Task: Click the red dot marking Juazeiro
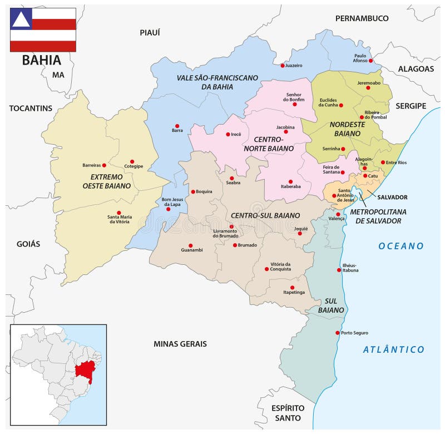click(x=283, y=66)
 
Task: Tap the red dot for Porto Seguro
click(x=338, y=333)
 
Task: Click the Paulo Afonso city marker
click(x=371, y=60)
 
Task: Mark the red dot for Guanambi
click(x=190, y=245)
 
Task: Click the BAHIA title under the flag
click(x=42, y=60)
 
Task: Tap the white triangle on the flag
click(x=21, y=19)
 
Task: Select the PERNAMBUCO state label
click(x=362, y=18)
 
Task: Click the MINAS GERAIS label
click(x=180, y=344)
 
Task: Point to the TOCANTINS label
click(x=31, y=108)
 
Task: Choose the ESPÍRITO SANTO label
click(x=287, y=413)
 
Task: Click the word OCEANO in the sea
click(x=401, y=246)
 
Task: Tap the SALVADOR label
click(x=392, y=197)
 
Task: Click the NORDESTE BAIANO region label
click(x=347, y=129)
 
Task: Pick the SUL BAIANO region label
click(x=332, y=305)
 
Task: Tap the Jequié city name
click(x=300, y=229)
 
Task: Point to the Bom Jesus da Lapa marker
click(x=169, y=209)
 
